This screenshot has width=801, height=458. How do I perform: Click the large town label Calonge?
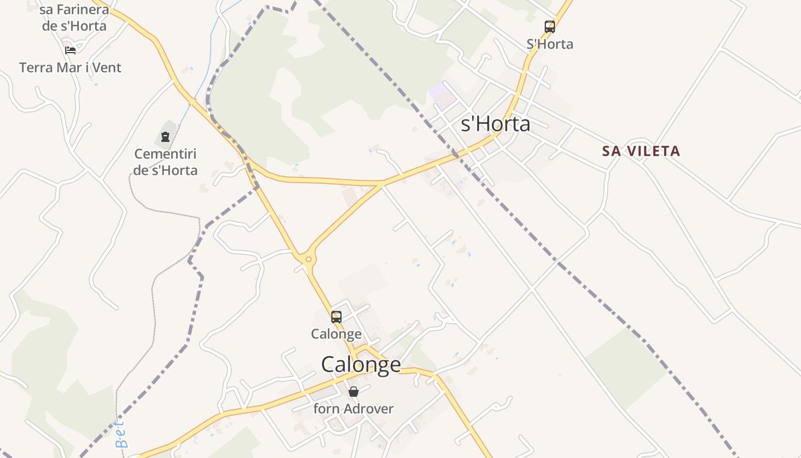pyautogui.click(x=361, y=365)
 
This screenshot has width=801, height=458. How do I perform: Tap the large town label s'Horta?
pyautogui.click(x=495, y=124)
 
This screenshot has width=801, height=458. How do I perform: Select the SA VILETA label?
pyautogui.click(x=641, y=151)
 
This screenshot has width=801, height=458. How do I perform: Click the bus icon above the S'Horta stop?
pyautogui.click(x=549, y=27)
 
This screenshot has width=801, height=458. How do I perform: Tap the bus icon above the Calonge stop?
pyautogui.click(x=336, y=317)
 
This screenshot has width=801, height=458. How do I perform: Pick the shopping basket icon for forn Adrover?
pyautogui.click(x=354, y=392)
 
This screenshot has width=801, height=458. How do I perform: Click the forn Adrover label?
pyautogui.click(x=354, y=409)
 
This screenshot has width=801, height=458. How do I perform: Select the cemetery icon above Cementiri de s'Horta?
pyautogui.click(x=165, y=137)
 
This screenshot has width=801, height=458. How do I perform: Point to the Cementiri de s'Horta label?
pyautogui.click(x=165, y=162)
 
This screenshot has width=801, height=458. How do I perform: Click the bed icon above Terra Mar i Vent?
pyautogui.click(x=70, y=50)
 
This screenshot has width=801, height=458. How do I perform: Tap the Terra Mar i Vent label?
pyautogui.click(x=70, y=68)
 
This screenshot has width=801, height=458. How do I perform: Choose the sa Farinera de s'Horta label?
pyautogui.click(x=74, y=18)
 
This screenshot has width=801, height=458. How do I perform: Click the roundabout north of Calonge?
pyautogui.click(x=309, y=260)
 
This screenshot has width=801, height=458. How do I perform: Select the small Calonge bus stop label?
pyautogui.click(x=336, y=334)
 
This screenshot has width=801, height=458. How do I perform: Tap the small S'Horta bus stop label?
pyautogui.click(x=550, y=44)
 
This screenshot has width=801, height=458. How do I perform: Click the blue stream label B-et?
pyautogui.click(x=121, y=435)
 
